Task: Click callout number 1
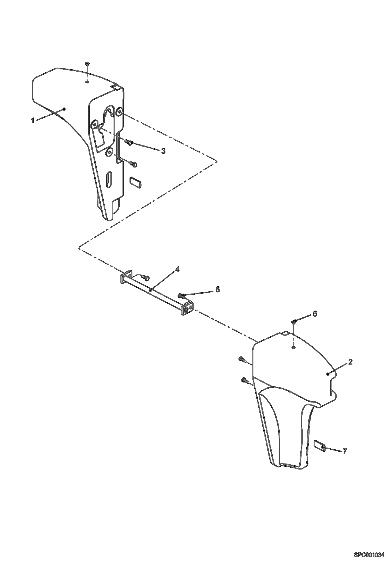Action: pos(33,120)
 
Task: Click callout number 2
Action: pos(350,362)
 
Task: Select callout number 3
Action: pos(163,151)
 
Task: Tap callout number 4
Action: pos(177,269)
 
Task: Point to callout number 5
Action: pos(218,289)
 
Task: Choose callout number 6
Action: pos(315,313)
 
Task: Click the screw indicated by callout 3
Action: pos(129,142)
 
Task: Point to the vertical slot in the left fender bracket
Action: pos(109,178)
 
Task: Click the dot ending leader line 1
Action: pos(64,109)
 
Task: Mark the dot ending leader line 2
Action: pos(328,374)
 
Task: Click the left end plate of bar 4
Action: pos(125,277)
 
